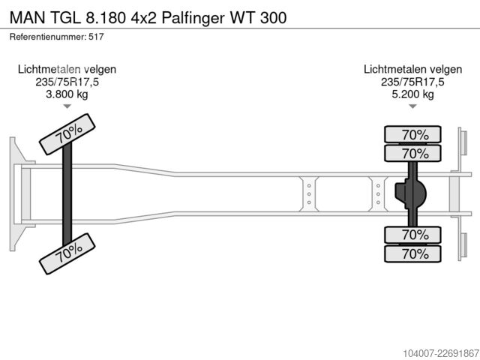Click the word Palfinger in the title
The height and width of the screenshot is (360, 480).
193,18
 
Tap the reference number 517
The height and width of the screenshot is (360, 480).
96,37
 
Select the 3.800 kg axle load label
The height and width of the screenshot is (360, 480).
67,94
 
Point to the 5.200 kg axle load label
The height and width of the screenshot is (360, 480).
412,94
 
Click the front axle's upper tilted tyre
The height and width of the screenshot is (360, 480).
67,134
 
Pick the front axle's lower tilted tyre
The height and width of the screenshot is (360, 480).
67,253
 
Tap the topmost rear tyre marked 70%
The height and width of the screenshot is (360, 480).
412,134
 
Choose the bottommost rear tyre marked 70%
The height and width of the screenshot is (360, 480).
412,253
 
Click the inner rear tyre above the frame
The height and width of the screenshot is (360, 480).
412,153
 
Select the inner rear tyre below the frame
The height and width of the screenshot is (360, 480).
412,235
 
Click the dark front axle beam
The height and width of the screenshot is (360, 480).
67,194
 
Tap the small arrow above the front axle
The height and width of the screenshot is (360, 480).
67,106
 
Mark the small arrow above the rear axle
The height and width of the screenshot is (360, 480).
412,106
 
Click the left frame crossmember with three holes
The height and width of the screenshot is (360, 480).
309,194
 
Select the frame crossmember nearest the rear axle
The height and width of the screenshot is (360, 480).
378,194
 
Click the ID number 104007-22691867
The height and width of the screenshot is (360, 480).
441,353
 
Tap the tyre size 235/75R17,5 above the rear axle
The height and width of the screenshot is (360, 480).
412,82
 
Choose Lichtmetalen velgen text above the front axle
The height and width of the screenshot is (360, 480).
67,69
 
